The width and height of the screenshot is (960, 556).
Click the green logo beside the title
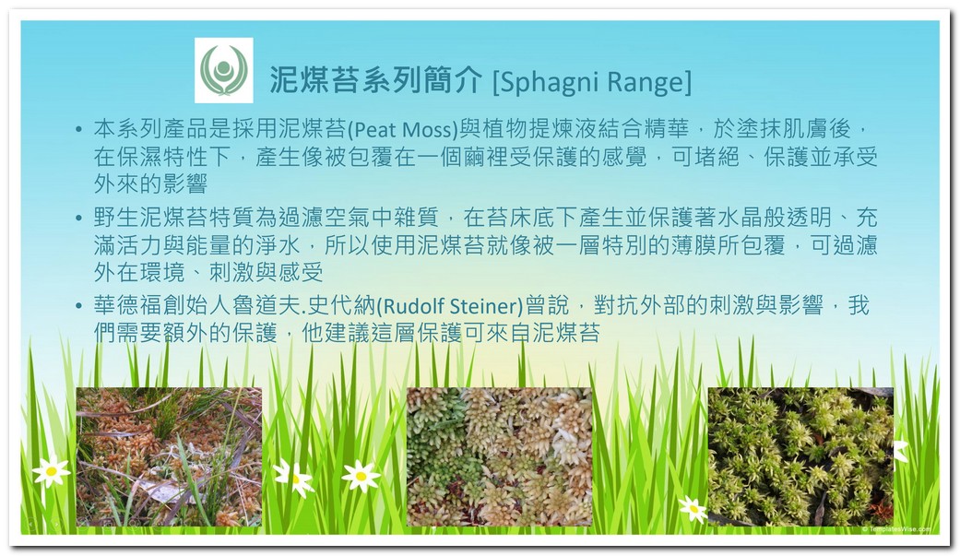tap(224, 70)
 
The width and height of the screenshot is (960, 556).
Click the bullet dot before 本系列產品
tap(78, 129)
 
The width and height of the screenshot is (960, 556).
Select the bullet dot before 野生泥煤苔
tap(78, 218)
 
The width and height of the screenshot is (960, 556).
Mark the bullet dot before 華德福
tap(78, 305)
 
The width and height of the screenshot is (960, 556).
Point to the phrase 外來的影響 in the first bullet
tap(150, 183)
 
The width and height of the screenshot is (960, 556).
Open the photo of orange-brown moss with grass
tap(169, 456)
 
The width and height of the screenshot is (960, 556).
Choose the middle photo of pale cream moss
tap(500, 456)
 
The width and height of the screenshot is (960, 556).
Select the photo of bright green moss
tap(800, 456)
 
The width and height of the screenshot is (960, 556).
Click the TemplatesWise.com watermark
tap(897, 529)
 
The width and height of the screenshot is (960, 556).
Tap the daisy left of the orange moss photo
tap(52, 470)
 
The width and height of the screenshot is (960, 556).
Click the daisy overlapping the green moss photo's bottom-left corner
tap(693, 509)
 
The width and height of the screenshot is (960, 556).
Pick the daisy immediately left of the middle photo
tap(361, 476)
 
